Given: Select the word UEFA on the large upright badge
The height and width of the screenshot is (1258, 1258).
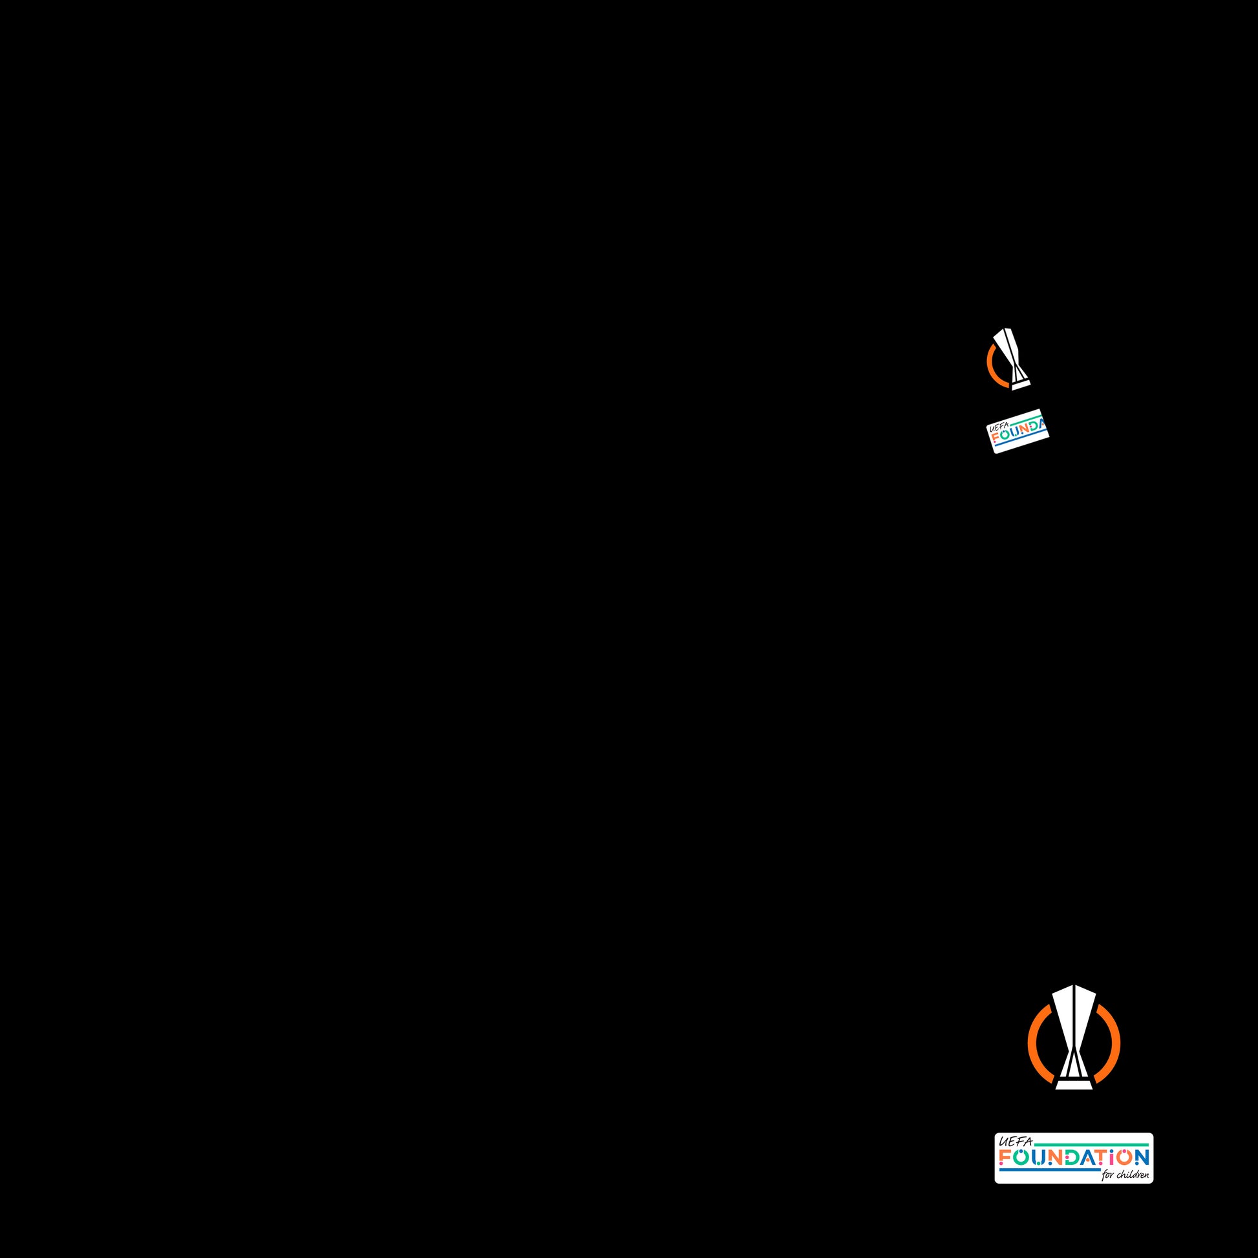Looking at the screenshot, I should pos(1015,1142).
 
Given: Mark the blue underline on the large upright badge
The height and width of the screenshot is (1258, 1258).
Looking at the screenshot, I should pos(1049,1170).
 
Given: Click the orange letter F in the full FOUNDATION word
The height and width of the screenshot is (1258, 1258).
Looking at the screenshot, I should pos(1005,1157).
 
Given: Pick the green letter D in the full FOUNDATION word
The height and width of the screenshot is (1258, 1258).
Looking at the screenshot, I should pos(1071,1157).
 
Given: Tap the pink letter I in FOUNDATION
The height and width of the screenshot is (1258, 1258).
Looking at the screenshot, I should pos(1114,1157).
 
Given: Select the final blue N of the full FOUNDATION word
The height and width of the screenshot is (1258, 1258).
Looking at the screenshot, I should pos(1142,1157).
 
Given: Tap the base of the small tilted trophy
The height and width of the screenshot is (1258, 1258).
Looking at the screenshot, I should pos(1021,385).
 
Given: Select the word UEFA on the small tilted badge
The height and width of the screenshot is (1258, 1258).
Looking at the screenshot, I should pos(998,427).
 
